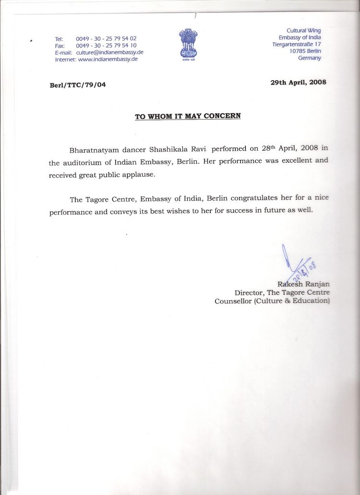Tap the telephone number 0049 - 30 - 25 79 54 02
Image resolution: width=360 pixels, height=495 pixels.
(106, 38)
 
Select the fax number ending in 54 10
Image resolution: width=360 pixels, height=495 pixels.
(106, 45)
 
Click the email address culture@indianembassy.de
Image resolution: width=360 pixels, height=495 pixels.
(110, 52)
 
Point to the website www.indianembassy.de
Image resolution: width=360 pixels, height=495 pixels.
(108, 59)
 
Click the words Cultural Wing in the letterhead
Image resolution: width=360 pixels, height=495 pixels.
(304, 31)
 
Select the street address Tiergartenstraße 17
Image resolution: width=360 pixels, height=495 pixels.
(297, 44)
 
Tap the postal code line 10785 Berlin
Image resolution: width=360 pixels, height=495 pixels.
(305, 51)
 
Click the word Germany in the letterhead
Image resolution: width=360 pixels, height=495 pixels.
(310, 58)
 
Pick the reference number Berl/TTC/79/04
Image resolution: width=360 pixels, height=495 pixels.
(78, 85)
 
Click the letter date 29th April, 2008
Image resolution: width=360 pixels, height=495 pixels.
(298, 82)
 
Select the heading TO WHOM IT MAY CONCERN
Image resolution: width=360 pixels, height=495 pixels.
(188, 116)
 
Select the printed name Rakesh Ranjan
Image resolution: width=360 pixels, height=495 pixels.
(303, 284)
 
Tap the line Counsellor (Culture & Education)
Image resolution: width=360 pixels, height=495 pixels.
(272, 301)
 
